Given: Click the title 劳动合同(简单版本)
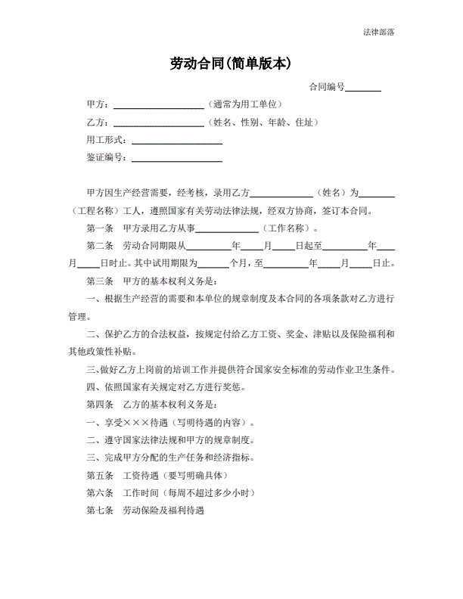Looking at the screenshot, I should (x=231, y=64).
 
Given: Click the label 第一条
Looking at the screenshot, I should (x=100, y=228).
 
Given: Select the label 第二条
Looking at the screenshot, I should (x=100, y=246).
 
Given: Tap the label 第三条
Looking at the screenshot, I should (x=100, y=281).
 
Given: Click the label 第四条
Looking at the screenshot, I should (x=100, y=405).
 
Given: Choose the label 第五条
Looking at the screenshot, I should (x=100, y=475).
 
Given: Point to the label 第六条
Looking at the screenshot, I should (x=100, y=492).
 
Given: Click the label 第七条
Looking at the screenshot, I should (x=100, y=511).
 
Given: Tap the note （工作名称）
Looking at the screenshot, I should (x=290, y=228).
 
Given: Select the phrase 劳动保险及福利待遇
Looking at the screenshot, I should (x=163, y=511).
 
